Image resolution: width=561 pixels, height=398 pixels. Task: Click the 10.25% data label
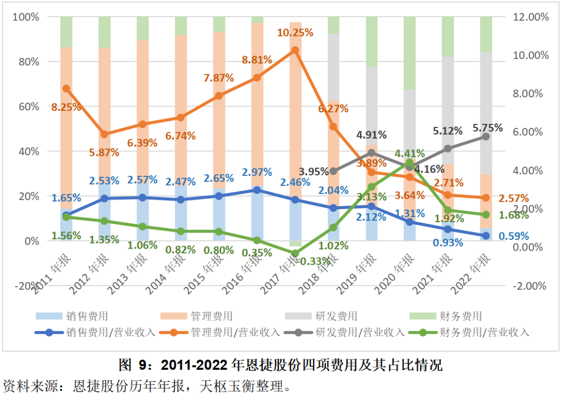[295, 33]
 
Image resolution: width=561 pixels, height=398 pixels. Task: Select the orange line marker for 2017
[295, 50]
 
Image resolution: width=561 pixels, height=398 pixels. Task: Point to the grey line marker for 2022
[486, 136]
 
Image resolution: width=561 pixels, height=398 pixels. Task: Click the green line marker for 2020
[409, 163]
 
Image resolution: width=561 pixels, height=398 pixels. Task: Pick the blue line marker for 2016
[257, 190]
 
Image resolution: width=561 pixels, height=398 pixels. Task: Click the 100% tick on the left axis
[26, 17]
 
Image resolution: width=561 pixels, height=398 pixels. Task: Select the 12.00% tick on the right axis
[531, 17]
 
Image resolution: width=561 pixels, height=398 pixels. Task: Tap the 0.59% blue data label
[513, 236]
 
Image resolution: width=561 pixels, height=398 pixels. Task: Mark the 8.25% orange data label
[66, 108]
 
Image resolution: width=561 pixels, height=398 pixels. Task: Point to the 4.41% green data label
[409, 153]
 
